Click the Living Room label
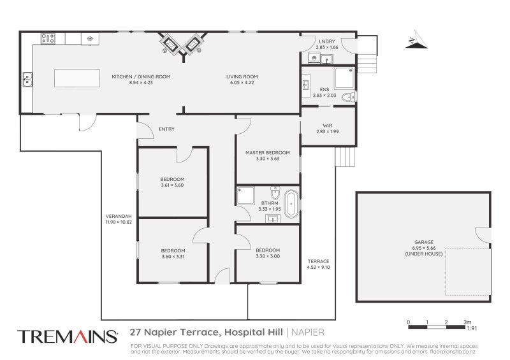click(x=242, y=76)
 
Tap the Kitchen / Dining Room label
click(x=141, y=76)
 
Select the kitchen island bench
click(x=77, y=78)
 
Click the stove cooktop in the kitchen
click(x=48, y=39)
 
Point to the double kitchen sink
click(x=27, y=80)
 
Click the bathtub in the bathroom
click(x=291, y=204)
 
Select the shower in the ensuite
click(x=344, y=78)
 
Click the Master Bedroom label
click(x=267, y=152)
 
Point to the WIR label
click(x=328, y=126)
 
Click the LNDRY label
click(x=327, y=41)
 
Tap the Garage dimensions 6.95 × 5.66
click(x=424, y=248)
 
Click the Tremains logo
click(x=68, y=336)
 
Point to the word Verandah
click(x=119, y=216)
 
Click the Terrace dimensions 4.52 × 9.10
click(x=318, y=268)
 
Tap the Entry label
click(x=166, y=129)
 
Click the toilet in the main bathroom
click(x=275, y=192)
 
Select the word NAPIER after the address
click(x=308, y=333)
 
